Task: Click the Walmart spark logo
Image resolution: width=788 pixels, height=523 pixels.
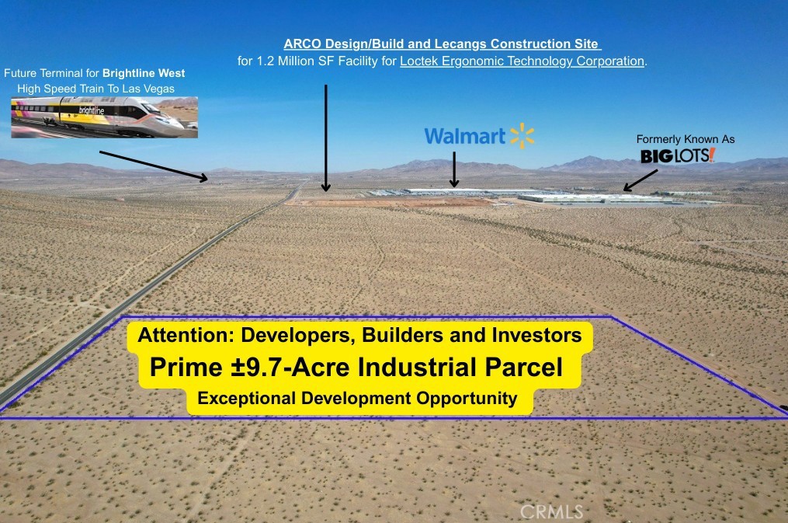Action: [x=522, y=136]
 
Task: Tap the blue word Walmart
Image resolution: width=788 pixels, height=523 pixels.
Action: [x=465, y=136]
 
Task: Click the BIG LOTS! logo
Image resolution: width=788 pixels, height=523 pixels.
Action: [x=678, y=155]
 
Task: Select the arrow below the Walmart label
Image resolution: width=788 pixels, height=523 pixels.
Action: [x=454, y=169]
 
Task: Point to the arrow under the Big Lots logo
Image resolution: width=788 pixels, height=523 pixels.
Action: [x=640, y=180]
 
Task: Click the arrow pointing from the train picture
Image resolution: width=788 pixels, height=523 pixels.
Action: [x=153, y=166]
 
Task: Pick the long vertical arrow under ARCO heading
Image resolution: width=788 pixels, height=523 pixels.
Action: [x=325, y=138]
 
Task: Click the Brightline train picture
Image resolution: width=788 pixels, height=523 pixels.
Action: [x=105, y=117]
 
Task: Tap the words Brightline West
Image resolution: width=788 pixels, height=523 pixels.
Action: [x=144, y=73]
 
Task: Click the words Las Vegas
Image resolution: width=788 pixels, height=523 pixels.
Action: [x=151, y=89]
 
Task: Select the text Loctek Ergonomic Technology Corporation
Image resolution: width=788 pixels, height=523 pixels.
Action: [x=522, y=61]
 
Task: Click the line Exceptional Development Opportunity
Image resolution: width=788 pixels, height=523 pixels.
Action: [x=357, y=399]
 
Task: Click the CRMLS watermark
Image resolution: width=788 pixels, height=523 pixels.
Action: [x=551, y=512]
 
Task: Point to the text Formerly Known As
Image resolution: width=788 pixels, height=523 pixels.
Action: [x=686, y=139]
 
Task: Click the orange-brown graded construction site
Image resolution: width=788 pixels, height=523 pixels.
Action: [x=392, y=202]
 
